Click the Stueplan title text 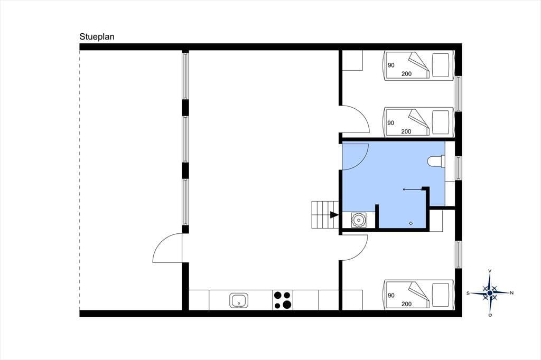click(97, 37)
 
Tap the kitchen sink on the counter click(238, 300)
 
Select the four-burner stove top click(282, 300)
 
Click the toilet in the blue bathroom click(436, 162)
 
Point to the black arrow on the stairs click(334, 215)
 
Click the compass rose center click(490, 293)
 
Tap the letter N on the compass click(511, 293)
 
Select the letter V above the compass click(490, 271)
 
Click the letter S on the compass click(468, 293)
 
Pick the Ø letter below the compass click(490, 315)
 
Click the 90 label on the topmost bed click(391, 65)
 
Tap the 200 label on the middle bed click(406, 131)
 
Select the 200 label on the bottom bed click(406, 304)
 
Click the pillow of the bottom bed click(441, 295)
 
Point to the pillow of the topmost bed click(441, 65)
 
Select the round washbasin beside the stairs click(359, 220)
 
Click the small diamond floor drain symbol click(411, 223)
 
